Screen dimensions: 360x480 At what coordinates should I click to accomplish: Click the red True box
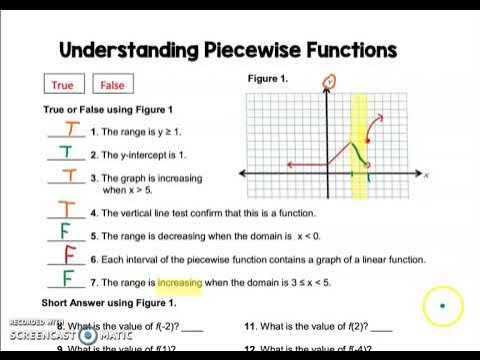[x=62, y=85]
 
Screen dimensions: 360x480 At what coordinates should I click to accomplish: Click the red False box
[x=113, y=85]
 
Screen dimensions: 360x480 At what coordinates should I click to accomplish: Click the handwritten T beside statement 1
[x=67, y=129]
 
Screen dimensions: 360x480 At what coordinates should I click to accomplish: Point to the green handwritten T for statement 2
[x=66, y=153]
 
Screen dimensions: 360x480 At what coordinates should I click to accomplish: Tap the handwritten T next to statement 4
[x=66, y=210]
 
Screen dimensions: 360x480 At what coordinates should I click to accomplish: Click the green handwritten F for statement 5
[x=66, y=232]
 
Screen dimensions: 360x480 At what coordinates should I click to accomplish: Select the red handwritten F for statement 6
[x=69, y=256]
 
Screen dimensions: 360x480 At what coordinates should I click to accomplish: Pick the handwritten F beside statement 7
[x=67, y=279]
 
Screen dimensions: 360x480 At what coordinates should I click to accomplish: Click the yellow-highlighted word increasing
[x=179, y=283]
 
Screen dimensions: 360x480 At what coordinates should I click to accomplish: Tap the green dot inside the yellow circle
[x=442, y=304]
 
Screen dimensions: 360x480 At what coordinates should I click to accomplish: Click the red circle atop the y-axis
[x=329, y=80]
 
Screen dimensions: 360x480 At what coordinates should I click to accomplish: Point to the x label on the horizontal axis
[x=426, y=175]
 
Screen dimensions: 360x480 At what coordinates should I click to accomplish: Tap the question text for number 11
[x=317, y=327]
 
